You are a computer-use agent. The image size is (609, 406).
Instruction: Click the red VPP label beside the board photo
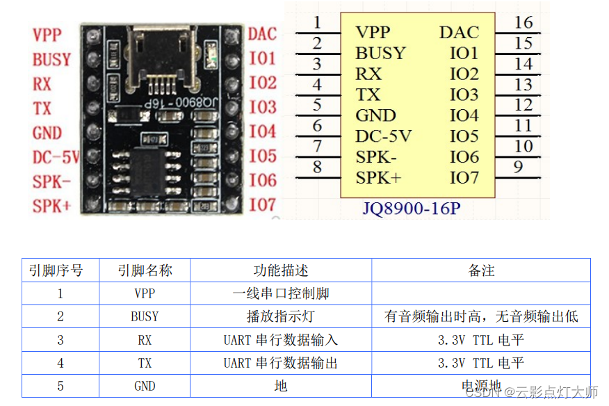[x=47, y=35]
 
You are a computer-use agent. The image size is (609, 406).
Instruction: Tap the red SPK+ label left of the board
[x=51, y=206]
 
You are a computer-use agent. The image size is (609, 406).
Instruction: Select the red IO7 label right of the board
[x=263, y=204]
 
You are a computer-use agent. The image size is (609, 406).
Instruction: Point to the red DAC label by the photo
[x=262, y=33]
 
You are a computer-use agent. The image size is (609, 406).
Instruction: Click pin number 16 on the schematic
[x=523, y=22]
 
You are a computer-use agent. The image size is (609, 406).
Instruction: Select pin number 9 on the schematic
[x=518, y=167]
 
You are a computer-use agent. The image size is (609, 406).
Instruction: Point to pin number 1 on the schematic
[x=317, y=22]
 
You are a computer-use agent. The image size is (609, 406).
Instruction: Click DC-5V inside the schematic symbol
[x=383, y=136]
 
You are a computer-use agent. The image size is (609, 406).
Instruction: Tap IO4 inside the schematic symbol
[x=464, y=115]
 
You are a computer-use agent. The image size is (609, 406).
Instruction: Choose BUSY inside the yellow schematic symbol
[x=380, y=53]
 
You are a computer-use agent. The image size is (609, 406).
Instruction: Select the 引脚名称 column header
[x=145, y=270]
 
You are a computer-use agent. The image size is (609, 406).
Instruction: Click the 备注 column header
[x=481, y=270]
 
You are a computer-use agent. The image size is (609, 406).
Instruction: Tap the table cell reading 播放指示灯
[x=281, y=316]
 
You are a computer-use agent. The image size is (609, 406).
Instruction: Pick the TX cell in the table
[x=145, y=362]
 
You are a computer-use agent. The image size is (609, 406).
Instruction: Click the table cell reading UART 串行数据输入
[x=281, y=339]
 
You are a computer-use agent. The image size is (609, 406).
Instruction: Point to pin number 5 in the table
[x=60, y=385]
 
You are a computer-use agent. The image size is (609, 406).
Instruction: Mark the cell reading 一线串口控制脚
[x=281, y=293]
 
